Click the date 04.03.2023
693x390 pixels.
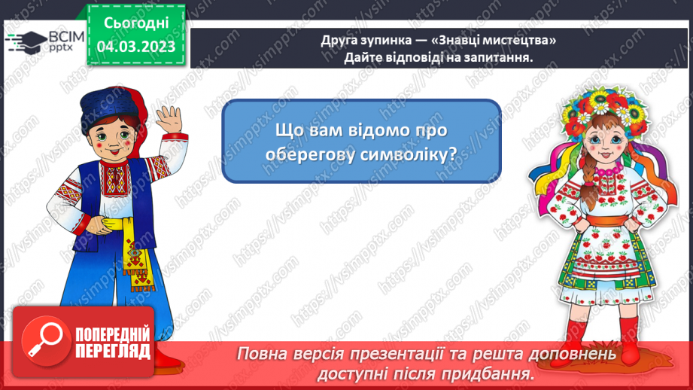(136, 47)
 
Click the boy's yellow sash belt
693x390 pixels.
(124, 225)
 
